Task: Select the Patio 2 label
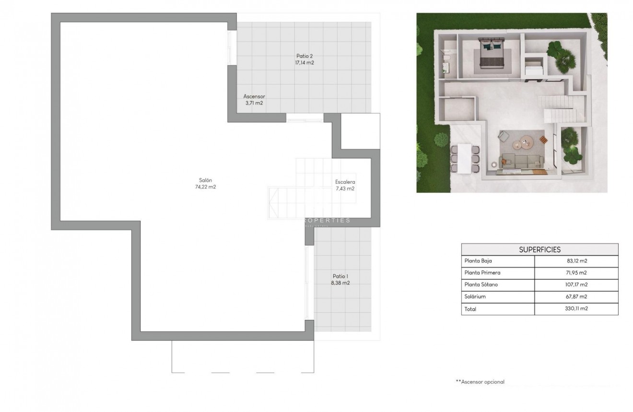(x=305, y=56)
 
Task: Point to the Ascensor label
(x=254, y=96)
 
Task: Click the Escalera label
(x=345, y=182)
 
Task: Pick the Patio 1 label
(x=340, y=276)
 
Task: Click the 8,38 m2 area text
(x=340, y=283)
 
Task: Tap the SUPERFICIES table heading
(x=539, y=249)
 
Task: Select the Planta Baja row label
(x=478, y=261)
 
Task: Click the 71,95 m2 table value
(x=576, y=273)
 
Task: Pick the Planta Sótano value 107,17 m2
(x=576, y=285)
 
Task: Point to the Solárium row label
(x=476, y=297)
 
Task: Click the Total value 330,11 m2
(x=576, y=309)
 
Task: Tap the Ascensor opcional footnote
(x=480, y=382)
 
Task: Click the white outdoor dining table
(x=464, y=158)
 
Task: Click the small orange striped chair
(x=543, y=140)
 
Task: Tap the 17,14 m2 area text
(x=305, y=63)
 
